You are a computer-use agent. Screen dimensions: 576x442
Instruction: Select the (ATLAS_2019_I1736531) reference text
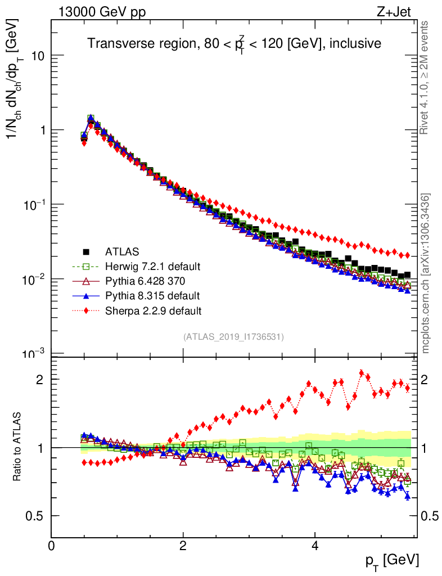point(233,337)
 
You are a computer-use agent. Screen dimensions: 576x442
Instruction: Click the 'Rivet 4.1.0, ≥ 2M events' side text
point(425,77)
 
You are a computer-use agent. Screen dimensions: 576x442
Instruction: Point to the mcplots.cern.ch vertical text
point(425,273)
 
